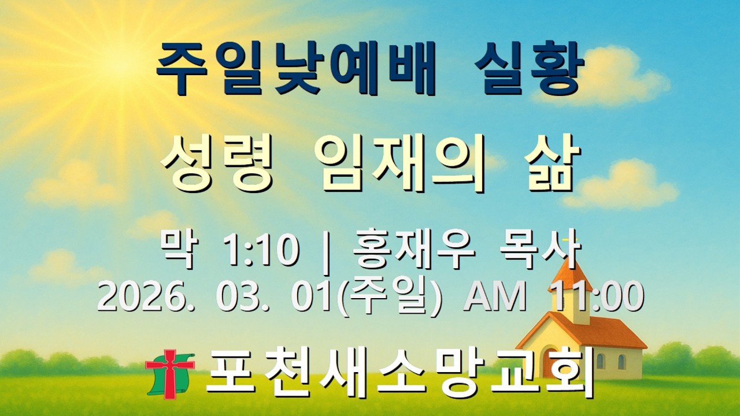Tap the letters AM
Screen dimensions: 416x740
(495, 298)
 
